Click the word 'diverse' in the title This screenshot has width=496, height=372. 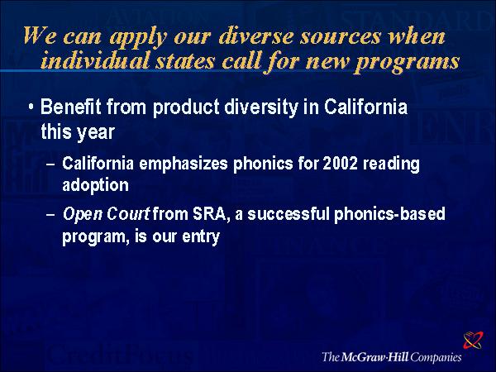pyautogui.click(x=255, y=36)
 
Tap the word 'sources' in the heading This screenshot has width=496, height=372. pyautogui.click(x=340, y=36)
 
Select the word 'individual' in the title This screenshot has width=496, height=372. pyautogui.click(x=94, y=60)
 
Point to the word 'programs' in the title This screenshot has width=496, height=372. pyautogui.click(x=408, y=62)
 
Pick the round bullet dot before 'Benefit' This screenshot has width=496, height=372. pyautogui.click(x=31, y=107)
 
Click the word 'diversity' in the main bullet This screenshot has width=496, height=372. pyautogui.click(x=261, y=107)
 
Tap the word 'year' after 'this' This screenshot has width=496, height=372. pyautogui.click(x=96, y=132)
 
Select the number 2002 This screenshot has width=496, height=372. pyautogui.click(x=340, y=164)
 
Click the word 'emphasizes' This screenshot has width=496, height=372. pyautogui.click(x=184, y=165)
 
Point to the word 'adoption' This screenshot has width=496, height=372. pyautogui.click(x=96, y=185)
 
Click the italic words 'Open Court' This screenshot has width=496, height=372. pyautogui.click(x=106, y=214)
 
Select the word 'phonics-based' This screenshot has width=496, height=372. pyautogui.click(x=389, y=214)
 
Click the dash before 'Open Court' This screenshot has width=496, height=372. pyautogui.click(x=50, y=215)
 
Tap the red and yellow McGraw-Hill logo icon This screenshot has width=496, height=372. pyautogui.click(x=473, y=340)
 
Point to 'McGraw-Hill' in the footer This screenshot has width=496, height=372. pyautogui.click(x=374, y=357)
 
